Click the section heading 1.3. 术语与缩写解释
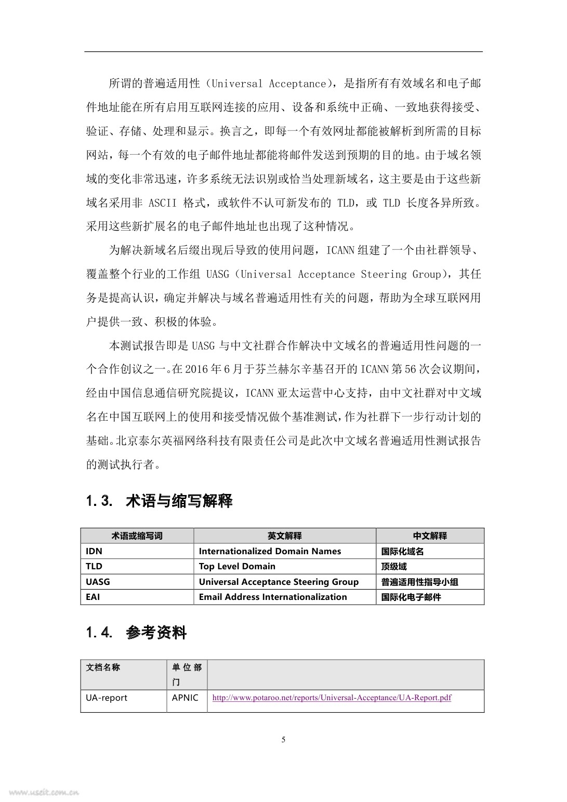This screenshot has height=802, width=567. (x=159, y=501)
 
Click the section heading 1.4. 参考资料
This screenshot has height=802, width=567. (x=136, y=633)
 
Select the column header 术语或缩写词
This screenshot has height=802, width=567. (x=137, y=536)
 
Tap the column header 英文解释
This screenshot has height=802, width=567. (x=284, y=536)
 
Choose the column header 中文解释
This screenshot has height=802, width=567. (x=430, y=536)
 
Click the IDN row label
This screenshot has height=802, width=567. (x=94, y=551)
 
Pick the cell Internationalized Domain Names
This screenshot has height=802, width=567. (x=270, y=551)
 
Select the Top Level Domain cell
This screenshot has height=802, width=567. (x=237, y=566)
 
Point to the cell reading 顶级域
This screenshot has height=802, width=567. (x=394, y=566)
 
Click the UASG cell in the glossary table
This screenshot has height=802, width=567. (x=98, y=582)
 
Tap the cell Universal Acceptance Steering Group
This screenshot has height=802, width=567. (x=279, y=582)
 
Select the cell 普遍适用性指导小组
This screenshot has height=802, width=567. (x=419, y=582)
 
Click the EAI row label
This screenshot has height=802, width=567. (x=93, y=597)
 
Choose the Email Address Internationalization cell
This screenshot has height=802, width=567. (x=273, y=597)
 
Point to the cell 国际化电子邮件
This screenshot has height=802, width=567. (x=411, y=597)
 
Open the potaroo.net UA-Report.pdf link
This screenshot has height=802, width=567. (x=332, y=698)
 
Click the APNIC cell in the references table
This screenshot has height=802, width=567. (x=185, y=698)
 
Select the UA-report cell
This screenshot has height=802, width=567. (x=107, y=698)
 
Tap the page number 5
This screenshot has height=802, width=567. (x=283, y=740)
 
